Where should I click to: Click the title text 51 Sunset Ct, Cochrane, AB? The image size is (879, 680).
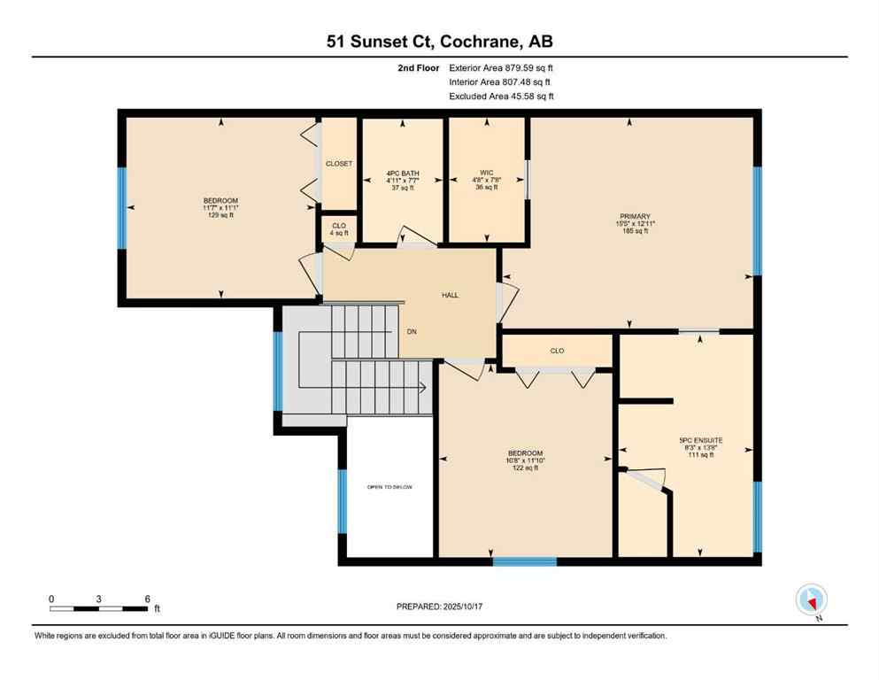pos(439,41)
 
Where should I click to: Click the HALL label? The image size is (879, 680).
pos(451,295)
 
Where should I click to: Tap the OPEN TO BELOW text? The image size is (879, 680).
pos(389,488)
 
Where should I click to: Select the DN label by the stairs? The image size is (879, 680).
pos(412,332)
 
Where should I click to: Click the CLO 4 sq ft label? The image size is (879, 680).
pos(339,229)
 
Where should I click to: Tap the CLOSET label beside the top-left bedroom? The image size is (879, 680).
pos(339,164)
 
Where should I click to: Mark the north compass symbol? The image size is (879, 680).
pos(811,599)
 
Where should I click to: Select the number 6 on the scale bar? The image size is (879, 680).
pos(147,599)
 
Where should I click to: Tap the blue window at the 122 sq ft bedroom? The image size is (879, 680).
pos(524,561)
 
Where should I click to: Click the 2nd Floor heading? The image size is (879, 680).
pos(419,67)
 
